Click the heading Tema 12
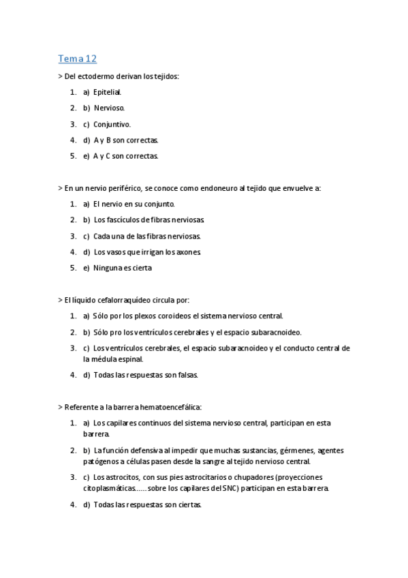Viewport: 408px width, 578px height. [x=78, y=59]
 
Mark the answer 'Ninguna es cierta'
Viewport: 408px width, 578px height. [x=123, y=268]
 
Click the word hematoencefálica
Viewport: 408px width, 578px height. [x=169, y=406]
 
